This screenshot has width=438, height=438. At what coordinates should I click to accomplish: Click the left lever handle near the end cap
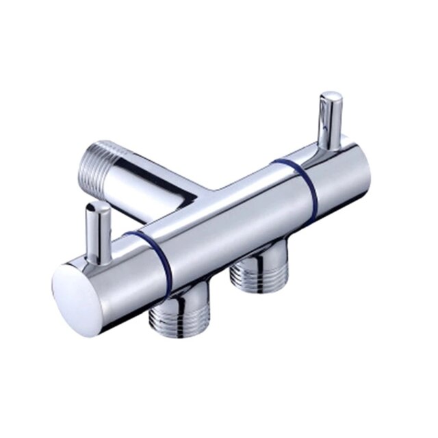pyautogui.click(x=97, y=233)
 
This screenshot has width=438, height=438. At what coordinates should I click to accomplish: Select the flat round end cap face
pyautogui.click(x=77, y=300)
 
